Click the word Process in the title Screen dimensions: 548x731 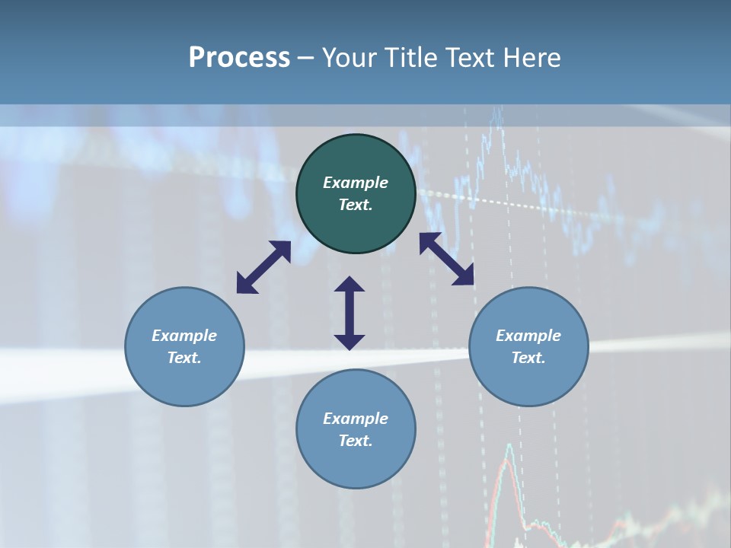(239, 58)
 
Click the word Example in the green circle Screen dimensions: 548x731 (356, 183)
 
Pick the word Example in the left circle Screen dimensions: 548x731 (184, 336)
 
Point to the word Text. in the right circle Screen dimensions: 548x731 (528, 358)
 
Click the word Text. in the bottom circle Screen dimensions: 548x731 (356, 441)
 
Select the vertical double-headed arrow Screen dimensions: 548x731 (350, 313)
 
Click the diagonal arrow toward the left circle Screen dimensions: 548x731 (263, 267)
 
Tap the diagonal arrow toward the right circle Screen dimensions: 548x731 (447, 260)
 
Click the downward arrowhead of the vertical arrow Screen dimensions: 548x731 (350, 341)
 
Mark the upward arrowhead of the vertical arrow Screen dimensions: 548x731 (350, 285)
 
